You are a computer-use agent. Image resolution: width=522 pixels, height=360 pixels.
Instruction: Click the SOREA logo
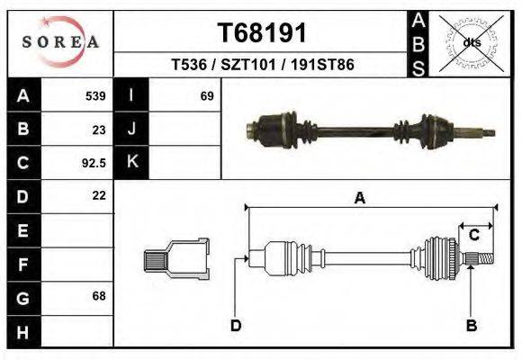59,42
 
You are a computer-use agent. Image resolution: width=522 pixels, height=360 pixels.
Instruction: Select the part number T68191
262,33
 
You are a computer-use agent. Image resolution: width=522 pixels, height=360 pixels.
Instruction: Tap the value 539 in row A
95,96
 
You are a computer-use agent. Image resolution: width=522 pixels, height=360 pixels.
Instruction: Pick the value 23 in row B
99,130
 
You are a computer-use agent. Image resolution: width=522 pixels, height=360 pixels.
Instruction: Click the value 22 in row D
99,195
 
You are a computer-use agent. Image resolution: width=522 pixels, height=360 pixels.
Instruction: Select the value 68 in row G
99,296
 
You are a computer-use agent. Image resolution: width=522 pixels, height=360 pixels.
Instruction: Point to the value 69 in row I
207,96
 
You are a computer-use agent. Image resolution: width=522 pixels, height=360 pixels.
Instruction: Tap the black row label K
131,163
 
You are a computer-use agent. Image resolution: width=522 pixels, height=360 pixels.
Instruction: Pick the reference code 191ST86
320,66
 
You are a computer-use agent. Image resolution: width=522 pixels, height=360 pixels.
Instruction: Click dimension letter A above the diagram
359,199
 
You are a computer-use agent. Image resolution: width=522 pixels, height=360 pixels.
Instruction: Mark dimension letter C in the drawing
473,236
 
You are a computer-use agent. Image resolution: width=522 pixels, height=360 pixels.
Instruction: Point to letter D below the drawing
236,325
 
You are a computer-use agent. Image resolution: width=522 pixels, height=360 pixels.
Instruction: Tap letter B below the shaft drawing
471,325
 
